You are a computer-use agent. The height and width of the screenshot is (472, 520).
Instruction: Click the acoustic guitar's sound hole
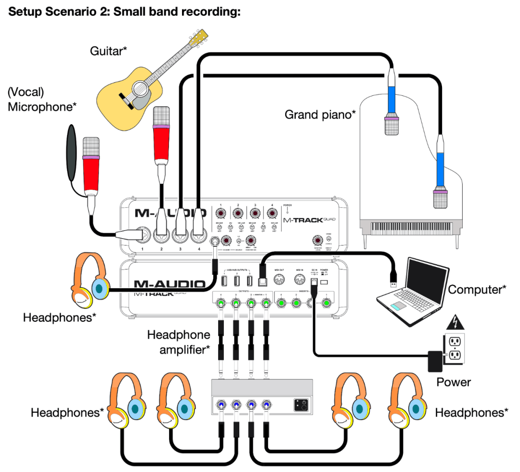[140, 88]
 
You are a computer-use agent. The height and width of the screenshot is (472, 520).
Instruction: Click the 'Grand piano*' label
[320, 115]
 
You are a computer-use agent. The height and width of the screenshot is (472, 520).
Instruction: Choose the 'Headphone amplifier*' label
[179, 342]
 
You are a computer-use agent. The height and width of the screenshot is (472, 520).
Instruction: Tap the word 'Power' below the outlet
[454, 382]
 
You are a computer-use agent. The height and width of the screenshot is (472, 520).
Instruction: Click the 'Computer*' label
[477, 290]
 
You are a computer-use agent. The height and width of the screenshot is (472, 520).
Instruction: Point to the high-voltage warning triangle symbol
[454, 322]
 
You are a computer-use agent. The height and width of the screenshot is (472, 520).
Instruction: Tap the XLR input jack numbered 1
[143, 235]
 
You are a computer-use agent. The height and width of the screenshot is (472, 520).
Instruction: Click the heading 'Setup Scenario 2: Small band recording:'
[124, 12]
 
